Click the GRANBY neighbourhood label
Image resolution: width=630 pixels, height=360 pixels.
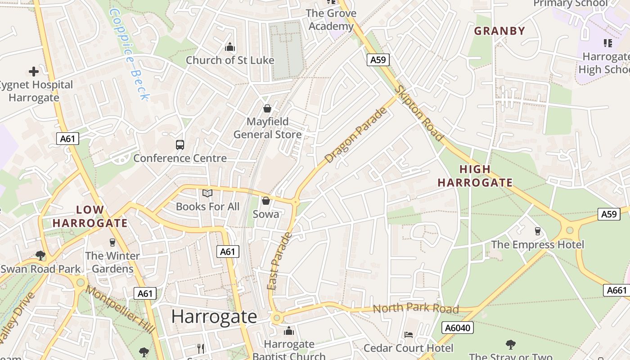(x=499, y=31)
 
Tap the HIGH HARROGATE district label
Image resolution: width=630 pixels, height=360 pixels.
(x=475, y=176)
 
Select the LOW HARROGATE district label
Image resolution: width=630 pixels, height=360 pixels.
(x=90, y=216)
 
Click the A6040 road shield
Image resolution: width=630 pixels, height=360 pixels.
(x=458, y=328)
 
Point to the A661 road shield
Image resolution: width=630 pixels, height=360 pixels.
(x=616, y=290)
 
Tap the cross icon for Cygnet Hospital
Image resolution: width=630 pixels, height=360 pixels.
(x=33, y=72)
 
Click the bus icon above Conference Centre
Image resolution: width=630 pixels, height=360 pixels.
(x=180, y=145)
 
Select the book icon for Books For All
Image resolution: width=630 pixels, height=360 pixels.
(x=207, y=193)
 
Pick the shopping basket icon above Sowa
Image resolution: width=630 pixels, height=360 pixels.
(x=265, y=201)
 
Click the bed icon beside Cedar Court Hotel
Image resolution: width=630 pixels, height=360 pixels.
(x=409, y=334)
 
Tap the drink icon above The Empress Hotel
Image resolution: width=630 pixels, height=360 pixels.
(x=537, y=231)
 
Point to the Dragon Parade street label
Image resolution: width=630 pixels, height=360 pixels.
(x=355, y=135)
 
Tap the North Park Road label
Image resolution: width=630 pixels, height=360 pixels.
(x=416, y=309)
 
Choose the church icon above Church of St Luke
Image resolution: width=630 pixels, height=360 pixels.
(x=230, y=47)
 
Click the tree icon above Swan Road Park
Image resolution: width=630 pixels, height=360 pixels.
(x=40, y=256)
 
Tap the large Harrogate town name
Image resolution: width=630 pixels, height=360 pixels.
(x=214, y=317)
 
